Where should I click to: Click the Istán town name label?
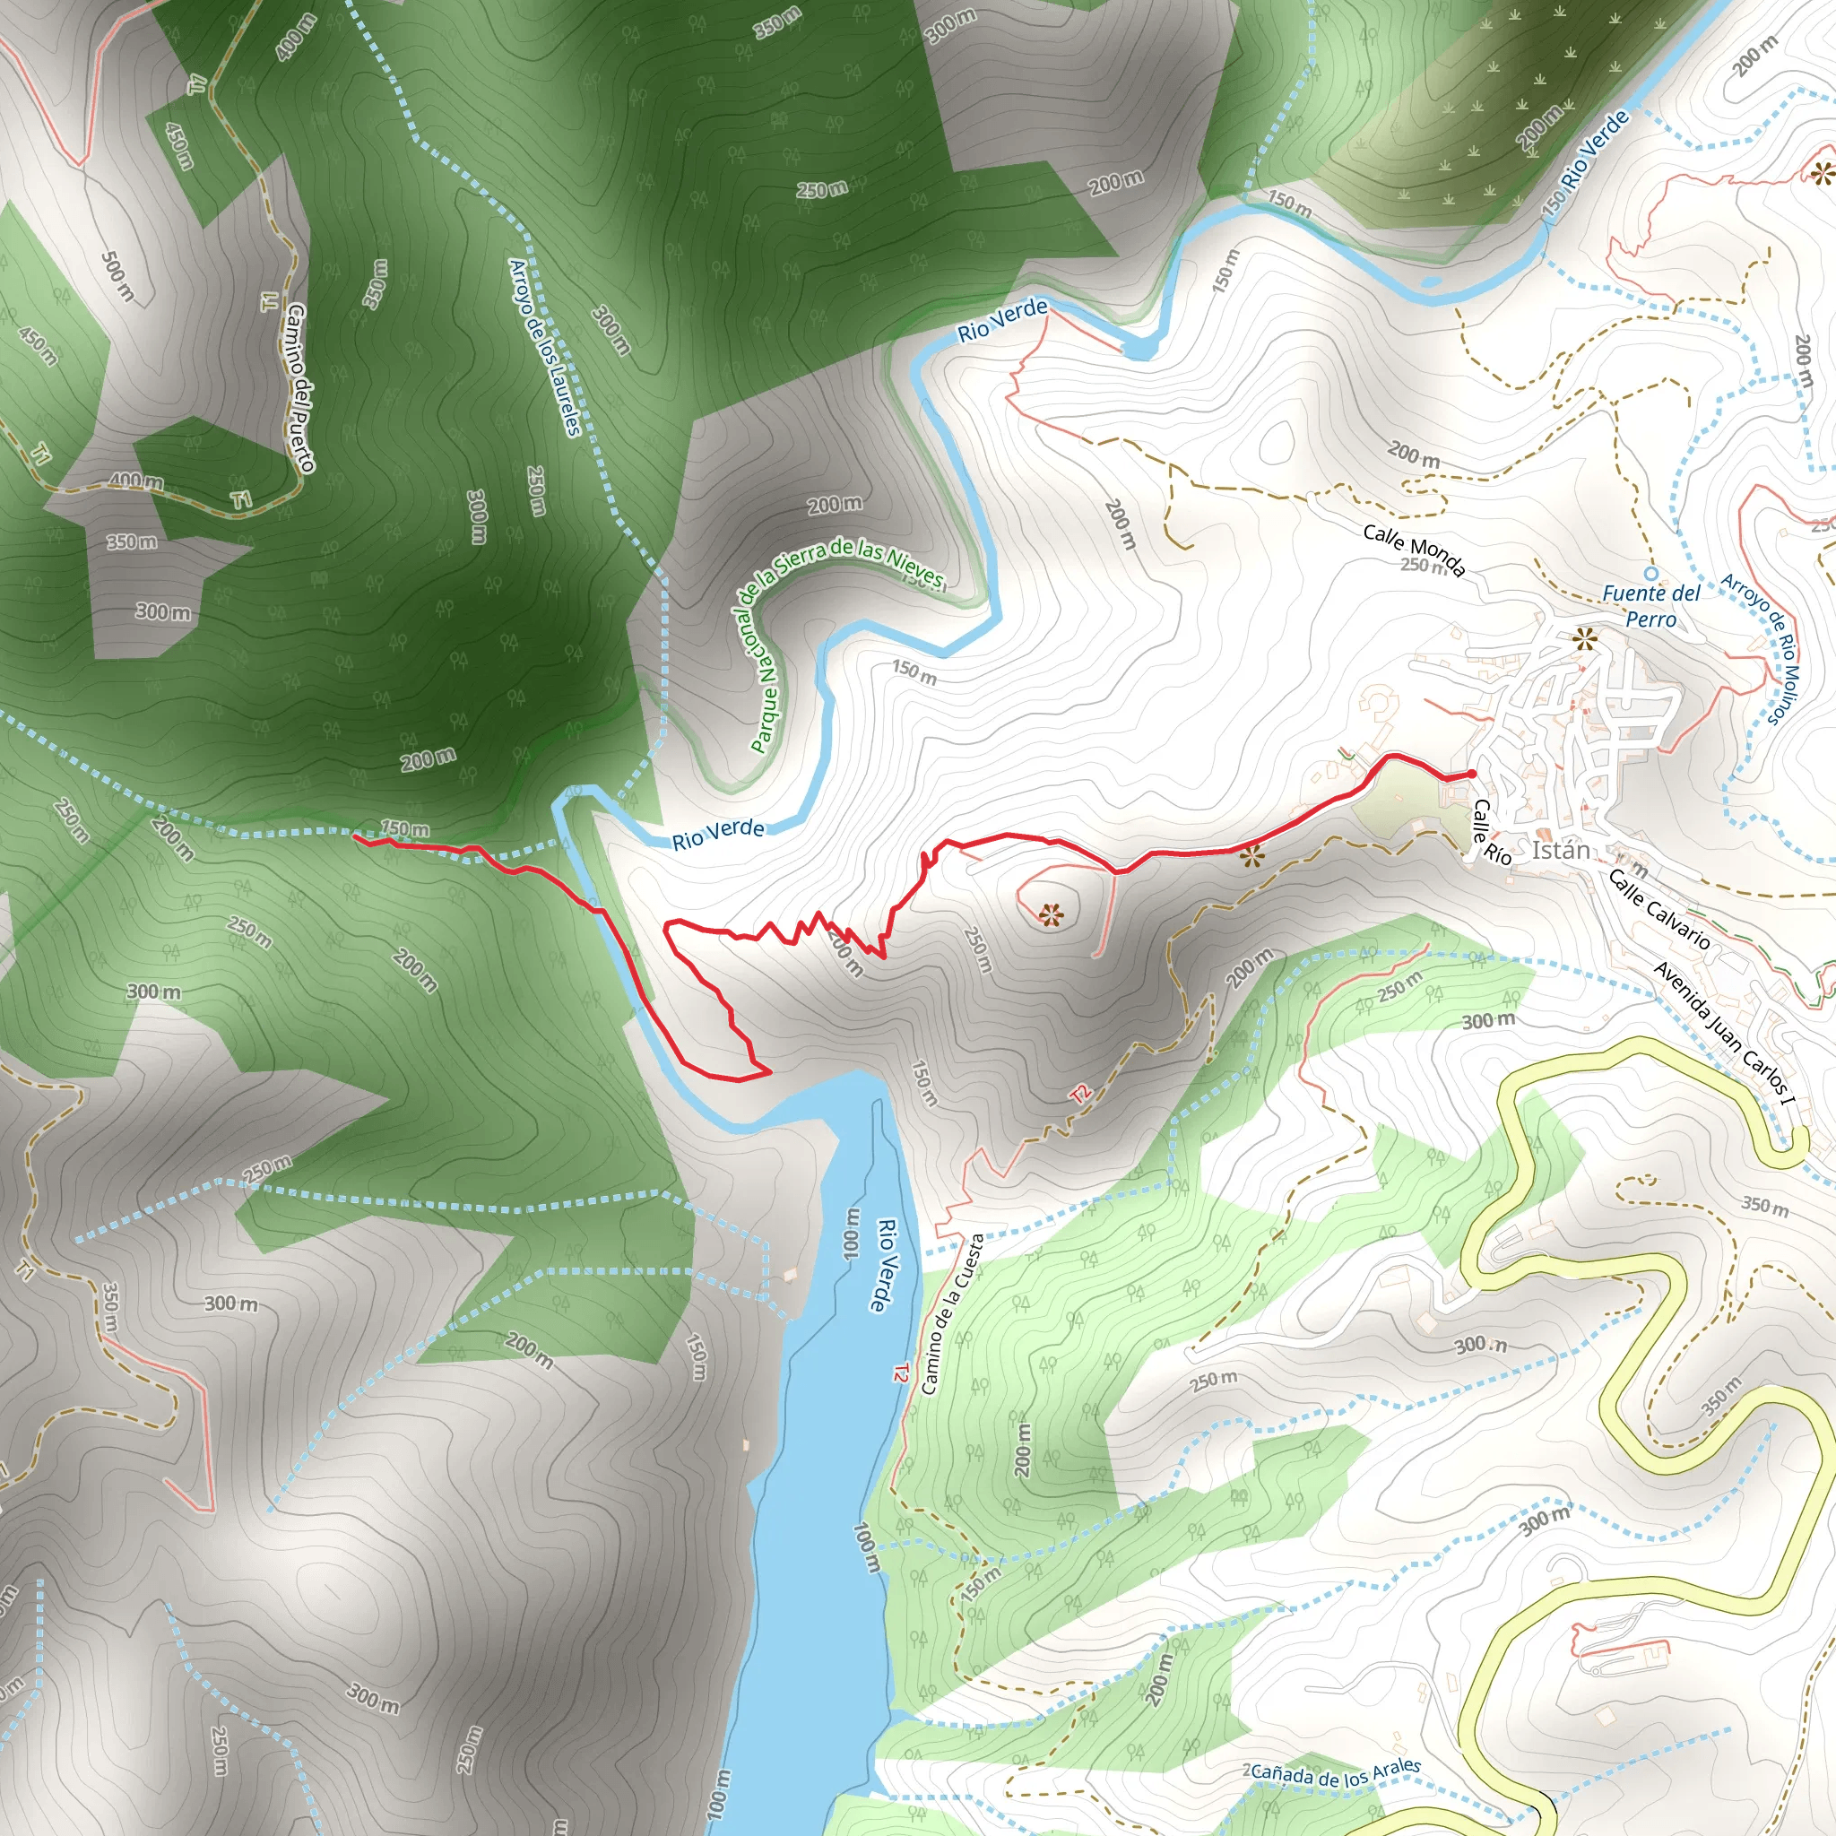[x=1561, y=850]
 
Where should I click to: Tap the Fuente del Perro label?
[x=1650, y=606]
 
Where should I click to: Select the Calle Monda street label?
[x=1414, y=549]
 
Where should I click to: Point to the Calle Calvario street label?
[x=1659, y=909]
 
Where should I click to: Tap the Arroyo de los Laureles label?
[x=544, y=347]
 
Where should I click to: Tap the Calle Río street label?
[x=1490, y=833]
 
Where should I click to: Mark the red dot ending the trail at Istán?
[x=1472, y=775]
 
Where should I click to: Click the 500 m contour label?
[x=117, y=275]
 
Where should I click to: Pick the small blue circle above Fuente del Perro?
[x=1650, y=573]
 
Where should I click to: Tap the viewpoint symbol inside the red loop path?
[x=1050, y=915]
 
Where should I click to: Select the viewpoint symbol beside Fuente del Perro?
[x=1584, y=638]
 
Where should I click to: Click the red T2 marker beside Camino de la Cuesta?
[x=900, y=1373]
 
